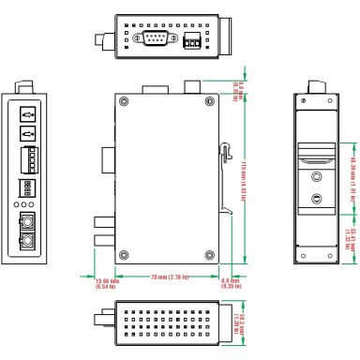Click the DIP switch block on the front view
pyautogui.click(x=28, y=188)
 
